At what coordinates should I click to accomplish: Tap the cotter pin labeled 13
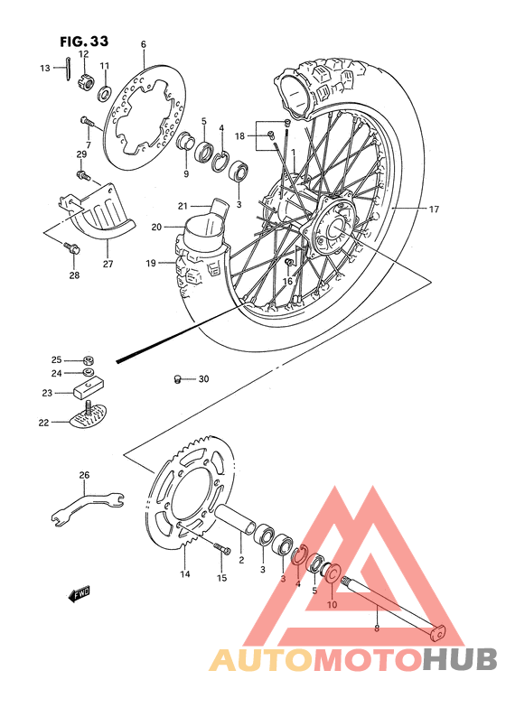(x=70, y=68)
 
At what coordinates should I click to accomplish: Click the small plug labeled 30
(x=179, y=378)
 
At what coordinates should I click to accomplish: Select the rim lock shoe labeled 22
(x=88, y=417)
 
